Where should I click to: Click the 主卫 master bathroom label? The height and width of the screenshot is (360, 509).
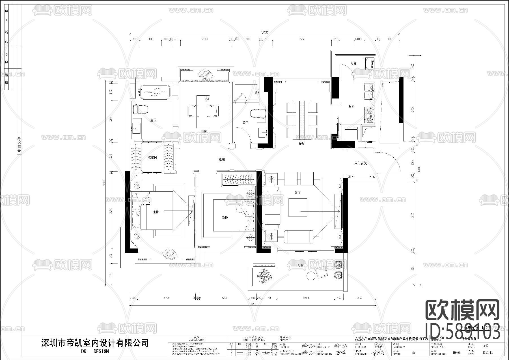[153, 120]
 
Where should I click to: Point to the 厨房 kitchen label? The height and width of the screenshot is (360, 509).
[351, 106]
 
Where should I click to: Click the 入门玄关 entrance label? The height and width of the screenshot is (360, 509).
[361, 163]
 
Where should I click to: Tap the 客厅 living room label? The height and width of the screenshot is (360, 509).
[297, 192]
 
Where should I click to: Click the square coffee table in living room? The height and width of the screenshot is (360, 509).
[298, 207]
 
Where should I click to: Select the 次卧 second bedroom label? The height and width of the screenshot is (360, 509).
[225, 218]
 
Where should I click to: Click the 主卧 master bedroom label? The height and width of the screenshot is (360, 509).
[156, 212]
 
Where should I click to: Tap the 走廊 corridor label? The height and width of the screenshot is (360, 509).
[222, 160]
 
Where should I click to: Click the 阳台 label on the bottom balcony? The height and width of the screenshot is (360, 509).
[300, 265]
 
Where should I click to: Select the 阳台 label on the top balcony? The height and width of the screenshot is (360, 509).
[353, 63]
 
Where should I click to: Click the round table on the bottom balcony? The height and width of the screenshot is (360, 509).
[311, 276]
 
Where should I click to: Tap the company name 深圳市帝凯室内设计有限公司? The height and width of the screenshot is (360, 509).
[95, 343]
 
